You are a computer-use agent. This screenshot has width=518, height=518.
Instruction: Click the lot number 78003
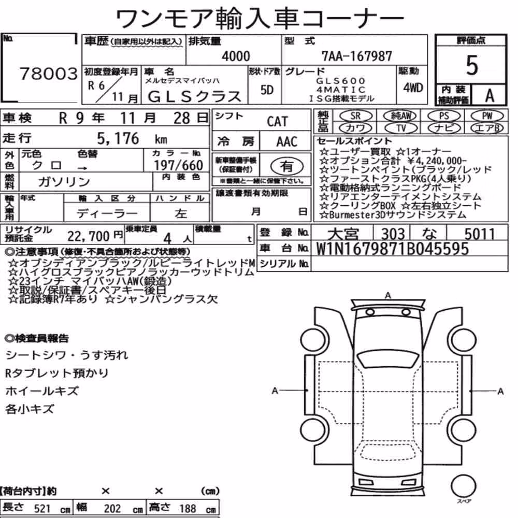pos(49,74)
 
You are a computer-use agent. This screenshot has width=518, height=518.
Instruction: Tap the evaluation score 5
pos(472,65)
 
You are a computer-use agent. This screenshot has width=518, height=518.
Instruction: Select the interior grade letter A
pos(490,95)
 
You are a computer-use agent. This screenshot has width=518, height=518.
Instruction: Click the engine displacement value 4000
pos(236,56)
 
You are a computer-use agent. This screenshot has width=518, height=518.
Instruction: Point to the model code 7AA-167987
pos(356,56)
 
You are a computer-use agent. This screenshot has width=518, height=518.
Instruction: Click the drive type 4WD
pos(413,88)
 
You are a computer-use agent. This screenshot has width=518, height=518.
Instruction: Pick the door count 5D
pos(267,90)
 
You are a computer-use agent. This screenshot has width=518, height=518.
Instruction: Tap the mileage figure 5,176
pos(118,139)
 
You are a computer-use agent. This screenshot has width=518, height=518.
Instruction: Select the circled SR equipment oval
pos(356,116)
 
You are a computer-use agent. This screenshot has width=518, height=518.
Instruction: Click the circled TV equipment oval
pos(401,128)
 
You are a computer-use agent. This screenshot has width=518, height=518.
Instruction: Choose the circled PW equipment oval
pos(487,116)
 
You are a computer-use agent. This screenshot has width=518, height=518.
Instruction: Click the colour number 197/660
pos(178,165)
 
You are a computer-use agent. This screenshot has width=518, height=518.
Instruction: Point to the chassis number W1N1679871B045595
pos(393,249)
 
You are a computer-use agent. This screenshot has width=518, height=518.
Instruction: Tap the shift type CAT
pos(277,122)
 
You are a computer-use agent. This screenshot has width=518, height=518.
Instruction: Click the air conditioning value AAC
pos(286,142)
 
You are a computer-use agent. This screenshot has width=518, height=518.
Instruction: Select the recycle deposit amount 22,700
pos(89,236)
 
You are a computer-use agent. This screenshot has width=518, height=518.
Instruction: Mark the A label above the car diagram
pos(388,295)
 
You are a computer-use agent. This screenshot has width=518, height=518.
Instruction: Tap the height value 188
pos(188,508)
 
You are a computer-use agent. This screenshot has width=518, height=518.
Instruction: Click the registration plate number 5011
pos(479,234)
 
